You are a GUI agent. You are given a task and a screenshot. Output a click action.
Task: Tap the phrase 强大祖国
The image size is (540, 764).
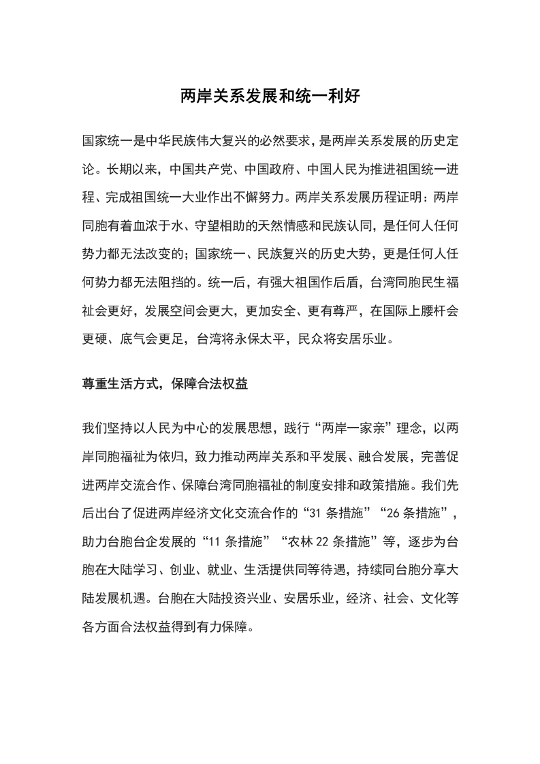coord(301,275)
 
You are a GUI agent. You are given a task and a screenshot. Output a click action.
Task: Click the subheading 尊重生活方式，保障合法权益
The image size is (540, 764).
coord(163,384)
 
